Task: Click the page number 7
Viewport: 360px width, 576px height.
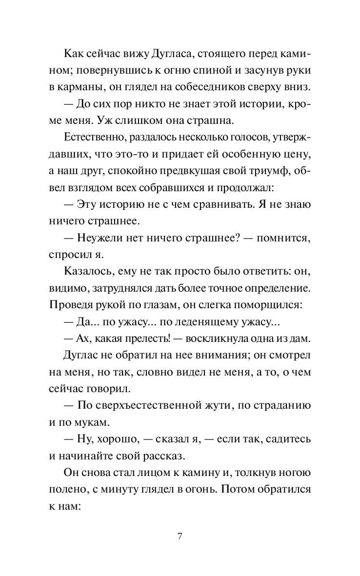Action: pyautogui.click(x=180, y=537)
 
